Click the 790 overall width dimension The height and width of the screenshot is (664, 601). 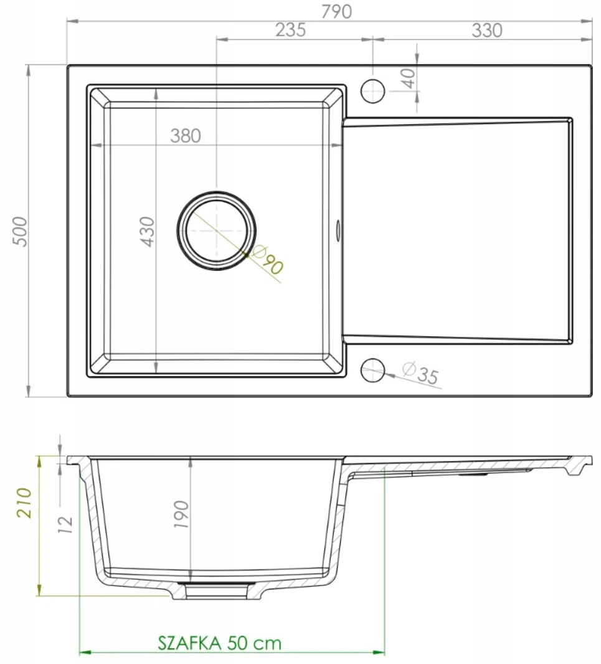pos(336,11)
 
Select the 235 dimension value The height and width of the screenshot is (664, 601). pos(291,30)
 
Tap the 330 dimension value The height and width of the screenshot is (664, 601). pos(487,31)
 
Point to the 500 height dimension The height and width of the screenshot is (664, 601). pos(20,231)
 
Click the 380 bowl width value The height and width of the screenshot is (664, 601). pos(186,136)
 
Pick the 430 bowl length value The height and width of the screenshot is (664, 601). pos(148,232)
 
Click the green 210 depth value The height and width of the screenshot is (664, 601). pos(24,503)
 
